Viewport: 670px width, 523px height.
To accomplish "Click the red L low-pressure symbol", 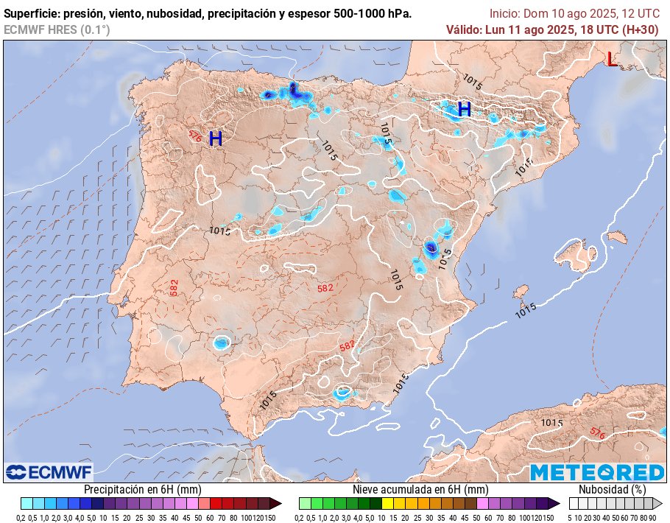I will pos(612,60).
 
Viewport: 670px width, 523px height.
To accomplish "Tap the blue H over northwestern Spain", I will pos(216,138).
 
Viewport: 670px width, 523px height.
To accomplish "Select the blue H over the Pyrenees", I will pos(464,110).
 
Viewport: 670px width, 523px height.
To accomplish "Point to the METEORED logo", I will pos(597,472).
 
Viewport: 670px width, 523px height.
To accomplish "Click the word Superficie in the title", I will pos(32,14).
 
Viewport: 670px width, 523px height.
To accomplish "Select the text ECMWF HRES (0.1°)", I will pos(57,29).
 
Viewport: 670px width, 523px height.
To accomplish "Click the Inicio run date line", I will pos(574,14).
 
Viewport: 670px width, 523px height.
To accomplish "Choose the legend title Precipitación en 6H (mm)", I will pos(142,489).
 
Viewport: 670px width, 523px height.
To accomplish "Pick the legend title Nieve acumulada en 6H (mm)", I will pos(420,489).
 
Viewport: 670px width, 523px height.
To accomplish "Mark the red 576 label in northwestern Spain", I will pos(194,136).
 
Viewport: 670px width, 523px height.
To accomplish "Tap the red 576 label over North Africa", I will pos(597,434).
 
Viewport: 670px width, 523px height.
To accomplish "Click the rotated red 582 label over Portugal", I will pos(174,287).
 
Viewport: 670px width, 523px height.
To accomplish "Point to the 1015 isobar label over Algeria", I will pos(551,422).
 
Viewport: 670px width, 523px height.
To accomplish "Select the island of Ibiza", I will pos(521,291).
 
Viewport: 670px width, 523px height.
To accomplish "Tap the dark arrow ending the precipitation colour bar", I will pos(275,504).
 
